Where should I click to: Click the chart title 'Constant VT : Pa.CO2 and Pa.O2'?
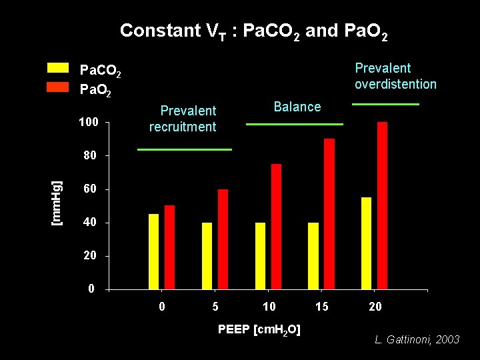[253, 31]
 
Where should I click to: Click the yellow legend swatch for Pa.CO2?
[58, 67]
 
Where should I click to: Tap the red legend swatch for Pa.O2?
[58, 87]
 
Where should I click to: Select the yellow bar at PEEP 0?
[154, 251]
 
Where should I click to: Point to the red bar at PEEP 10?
[276, 226]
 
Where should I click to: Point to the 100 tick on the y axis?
[89, 123]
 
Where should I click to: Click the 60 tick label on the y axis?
[89, 189]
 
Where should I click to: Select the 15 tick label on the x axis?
[322, 307]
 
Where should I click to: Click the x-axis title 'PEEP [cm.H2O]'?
[259, 329]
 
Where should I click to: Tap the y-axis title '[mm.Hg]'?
[58, 193]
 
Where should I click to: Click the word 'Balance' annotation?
[297, 107]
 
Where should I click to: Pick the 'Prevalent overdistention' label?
[395, 76]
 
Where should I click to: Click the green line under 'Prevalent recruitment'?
[185, 149]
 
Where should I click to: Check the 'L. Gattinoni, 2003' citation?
[417, 340]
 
